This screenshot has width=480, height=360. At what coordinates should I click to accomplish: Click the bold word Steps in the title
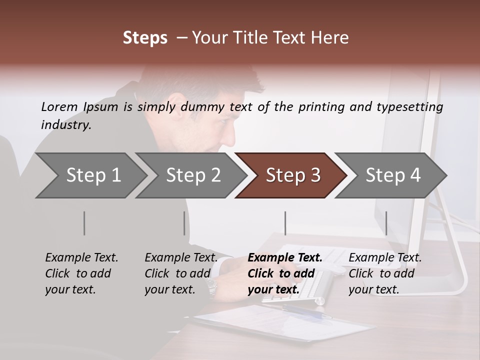(x=145, y=38)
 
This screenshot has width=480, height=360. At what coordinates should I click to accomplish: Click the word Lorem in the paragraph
(x=59, y=106)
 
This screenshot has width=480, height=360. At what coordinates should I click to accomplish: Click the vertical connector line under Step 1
(x=84, y=223)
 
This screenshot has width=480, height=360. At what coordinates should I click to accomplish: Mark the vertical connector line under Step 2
(x=184, y=223)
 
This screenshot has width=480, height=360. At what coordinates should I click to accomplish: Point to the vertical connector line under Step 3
(x=285, y=223)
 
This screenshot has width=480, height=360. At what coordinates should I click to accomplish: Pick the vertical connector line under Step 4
(x=386, y=223)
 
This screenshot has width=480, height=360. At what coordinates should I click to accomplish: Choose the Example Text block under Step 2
(x=181, y=273)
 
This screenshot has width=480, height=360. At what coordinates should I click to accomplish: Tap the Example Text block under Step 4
(x=385, y=273)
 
